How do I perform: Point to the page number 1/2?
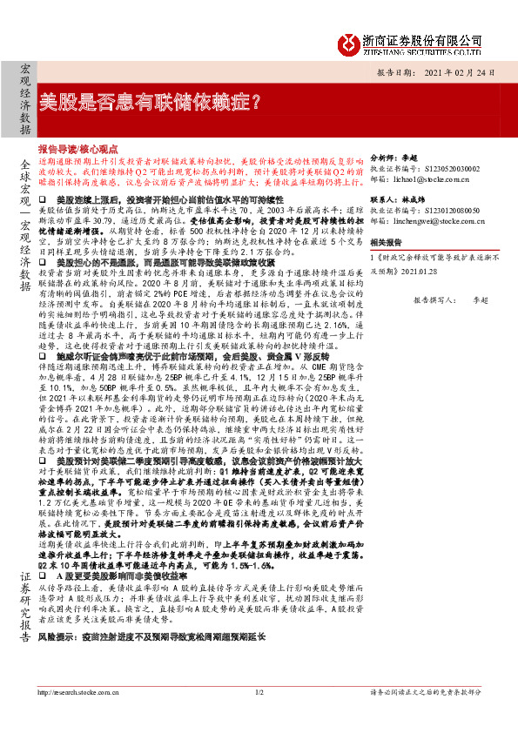259,717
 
